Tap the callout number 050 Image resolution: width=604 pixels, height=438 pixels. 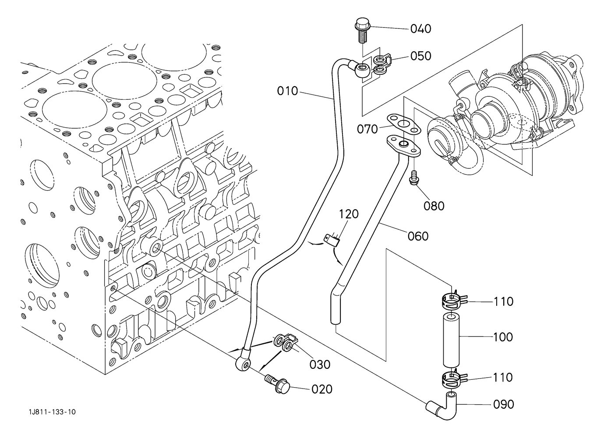(x=420, y=56)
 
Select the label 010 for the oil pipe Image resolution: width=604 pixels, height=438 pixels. (x=287, y=91)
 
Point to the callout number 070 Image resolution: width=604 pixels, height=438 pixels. (x=367, y=129)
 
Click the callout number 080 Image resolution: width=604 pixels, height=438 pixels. (x=434, y=206)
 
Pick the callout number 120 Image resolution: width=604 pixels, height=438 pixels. (x=349, y=214)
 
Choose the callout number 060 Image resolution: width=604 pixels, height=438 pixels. (x=418, y=236)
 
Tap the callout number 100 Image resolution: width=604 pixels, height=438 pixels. (x=503, y=337)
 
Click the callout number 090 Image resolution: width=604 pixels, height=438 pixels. (x=503, y=404)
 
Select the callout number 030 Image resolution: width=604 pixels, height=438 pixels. (x=320, y=365)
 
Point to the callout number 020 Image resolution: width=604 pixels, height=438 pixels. (x=322, y=389)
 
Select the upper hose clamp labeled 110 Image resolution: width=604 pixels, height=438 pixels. (x=453, y=300)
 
